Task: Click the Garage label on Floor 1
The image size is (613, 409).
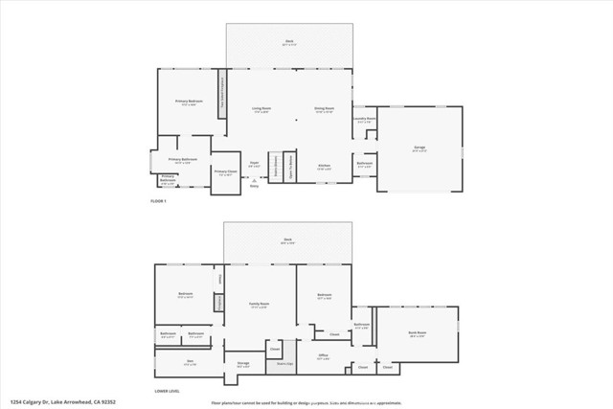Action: click(x=420, y=148)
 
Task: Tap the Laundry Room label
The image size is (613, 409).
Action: click(x=364, y=120)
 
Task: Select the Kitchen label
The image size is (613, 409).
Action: click(x=324, y=167)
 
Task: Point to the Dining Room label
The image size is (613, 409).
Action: click(x=324, y=109)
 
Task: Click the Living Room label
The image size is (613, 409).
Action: click(x=261, y=109)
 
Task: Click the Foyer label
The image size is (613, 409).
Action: click(x=255, y=164)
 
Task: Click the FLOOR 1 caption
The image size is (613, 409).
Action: click(x=158, y=200)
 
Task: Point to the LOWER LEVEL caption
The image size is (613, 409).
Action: click(x=168, y=391)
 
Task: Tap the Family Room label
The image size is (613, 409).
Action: click(x=258, y=305)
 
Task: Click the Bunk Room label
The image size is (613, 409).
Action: click(x=417, y=333)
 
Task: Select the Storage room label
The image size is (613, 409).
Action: click(x=242, y=364)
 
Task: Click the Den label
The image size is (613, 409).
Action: click(x=189, y=361)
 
